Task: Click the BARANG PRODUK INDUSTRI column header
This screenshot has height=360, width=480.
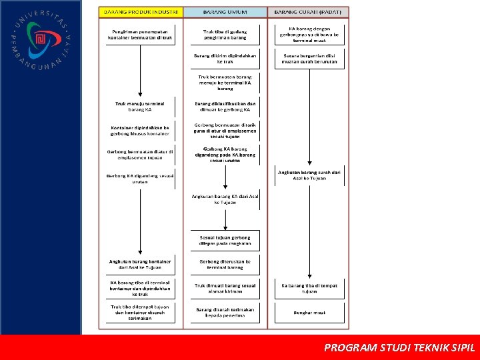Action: point(141,12)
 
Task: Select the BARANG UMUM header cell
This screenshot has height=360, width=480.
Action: point(225,12)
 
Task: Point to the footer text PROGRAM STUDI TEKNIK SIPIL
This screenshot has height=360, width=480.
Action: point(399,347)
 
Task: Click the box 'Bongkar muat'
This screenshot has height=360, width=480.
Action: point(309,312)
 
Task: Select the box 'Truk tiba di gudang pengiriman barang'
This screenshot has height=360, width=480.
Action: point(225,35)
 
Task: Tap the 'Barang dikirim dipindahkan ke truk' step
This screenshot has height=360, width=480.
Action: point(225,58)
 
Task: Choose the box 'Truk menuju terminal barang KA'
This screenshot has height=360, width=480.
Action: point(140,107)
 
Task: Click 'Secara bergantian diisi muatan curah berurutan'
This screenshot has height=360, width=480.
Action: point(309,59)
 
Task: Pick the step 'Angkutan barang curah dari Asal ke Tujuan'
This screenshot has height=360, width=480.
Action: point(309,175)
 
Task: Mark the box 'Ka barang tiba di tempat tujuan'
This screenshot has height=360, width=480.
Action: point(309,289)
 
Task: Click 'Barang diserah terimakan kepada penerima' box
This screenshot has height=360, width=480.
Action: point(225,312)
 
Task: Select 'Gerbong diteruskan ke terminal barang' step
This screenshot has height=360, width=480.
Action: point(225,265)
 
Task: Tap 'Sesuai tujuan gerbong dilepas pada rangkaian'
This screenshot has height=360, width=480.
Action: point(225,240)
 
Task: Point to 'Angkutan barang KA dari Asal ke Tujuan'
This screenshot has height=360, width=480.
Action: point(225,199)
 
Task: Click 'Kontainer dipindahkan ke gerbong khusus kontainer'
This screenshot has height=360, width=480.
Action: point(140,130)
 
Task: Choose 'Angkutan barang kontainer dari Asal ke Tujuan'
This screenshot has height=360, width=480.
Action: point(140,265)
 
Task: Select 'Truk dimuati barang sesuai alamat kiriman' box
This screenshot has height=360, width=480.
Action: point(225,289)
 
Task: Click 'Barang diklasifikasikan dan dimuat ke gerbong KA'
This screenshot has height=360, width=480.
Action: point(225,107)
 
